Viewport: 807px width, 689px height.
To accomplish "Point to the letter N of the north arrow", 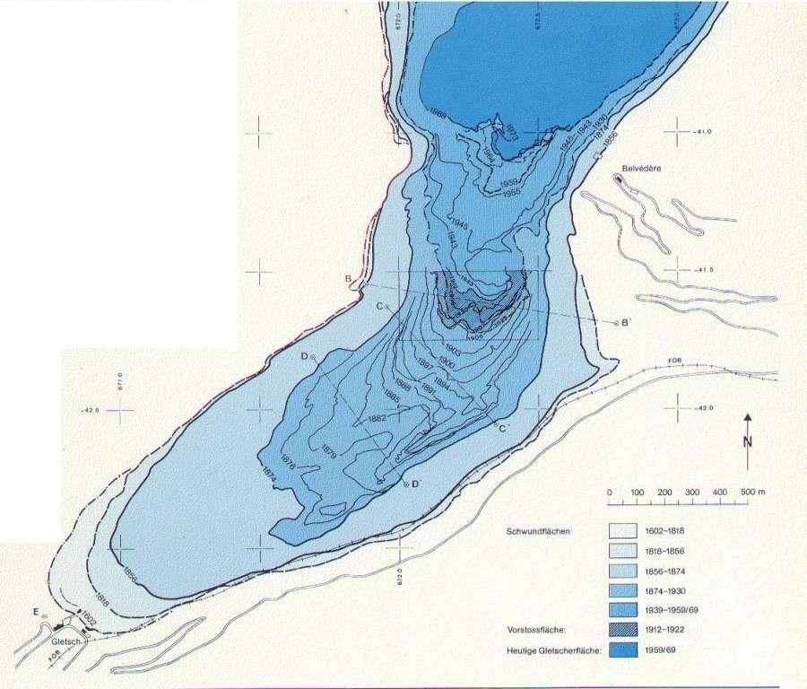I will [747, 442].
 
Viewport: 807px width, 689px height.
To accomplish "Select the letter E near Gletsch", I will [36, 612].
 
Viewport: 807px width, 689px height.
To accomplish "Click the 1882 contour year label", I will [377, 419].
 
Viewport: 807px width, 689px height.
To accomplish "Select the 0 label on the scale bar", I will [609, 493].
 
